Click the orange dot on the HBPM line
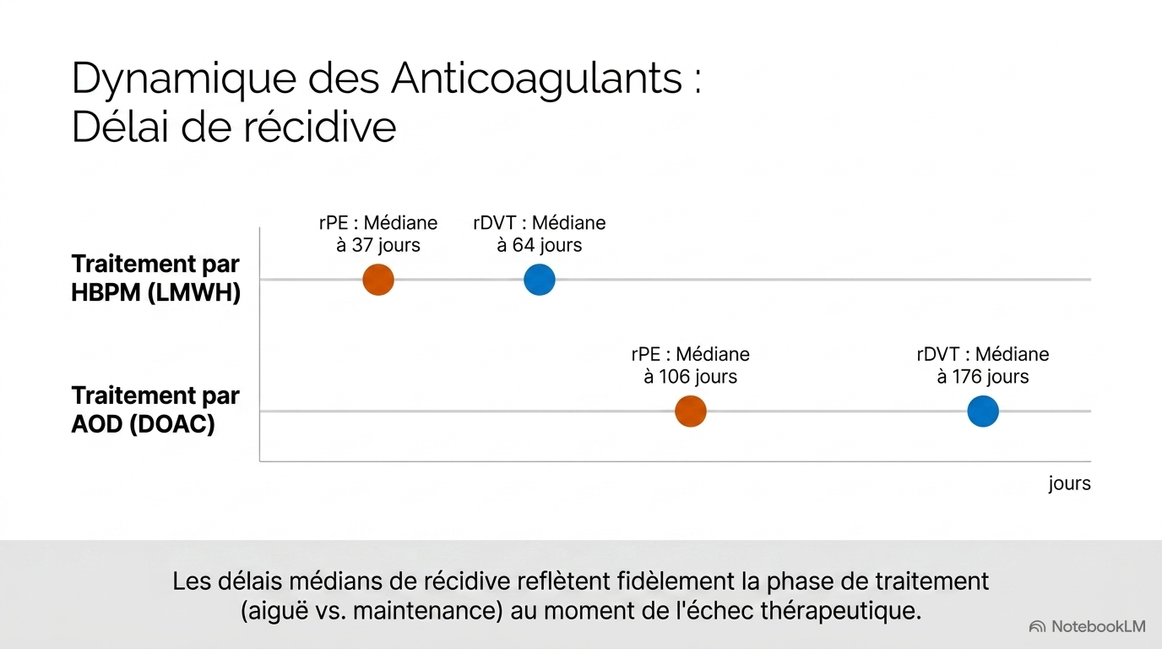(378, 280)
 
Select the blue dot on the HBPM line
(540, 280)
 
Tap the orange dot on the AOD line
(691, 412)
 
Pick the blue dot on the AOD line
(983, 412)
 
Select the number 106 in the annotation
(674, 376)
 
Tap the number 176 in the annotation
(967, 376)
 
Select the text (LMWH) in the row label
(194, 293)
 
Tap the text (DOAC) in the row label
(171, 424)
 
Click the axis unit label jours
(1070, 483)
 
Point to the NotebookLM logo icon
(1037, 627)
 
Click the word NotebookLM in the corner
(1098, 627)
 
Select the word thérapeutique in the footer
(841, 611)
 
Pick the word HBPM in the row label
(106, 293)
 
